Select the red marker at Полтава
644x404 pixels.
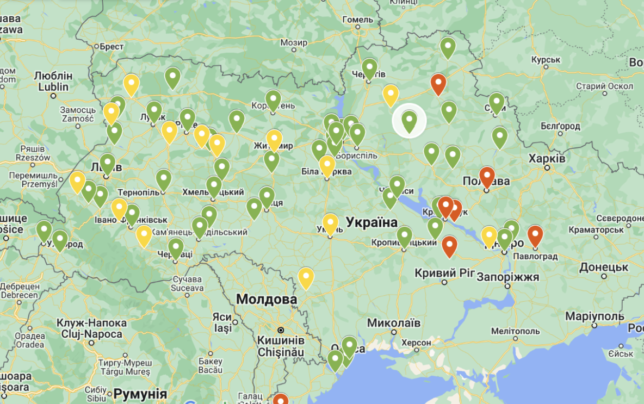[x=487, y=177]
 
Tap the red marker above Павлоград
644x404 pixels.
[x=535, y=235]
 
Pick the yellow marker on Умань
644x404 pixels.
[x=330, y=223]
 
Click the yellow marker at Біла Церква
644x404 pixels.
[x=327, y=165]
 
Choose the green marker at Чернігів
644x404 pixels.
[x=369, y=68]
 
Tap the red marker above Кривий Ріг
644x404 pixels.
[x=449, y=245]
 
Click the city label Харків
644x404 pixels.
[x=547, y=158]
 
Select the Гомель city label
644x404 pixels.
[x=358, y=20]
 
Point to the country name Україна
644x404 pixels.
[x=372, y=222]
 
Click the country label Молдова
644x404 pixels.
[x=267, y=299]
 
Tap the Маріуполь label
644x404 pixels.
[x=595, y=316]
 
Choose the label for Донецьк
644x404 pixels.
[x=604, y=268]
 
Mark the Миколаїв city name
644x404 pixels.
[x=393, y=323]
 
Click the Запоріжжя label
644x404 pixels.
[x=507, y=277]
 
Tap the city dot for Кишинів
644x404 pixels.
[x=281, y=330]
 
